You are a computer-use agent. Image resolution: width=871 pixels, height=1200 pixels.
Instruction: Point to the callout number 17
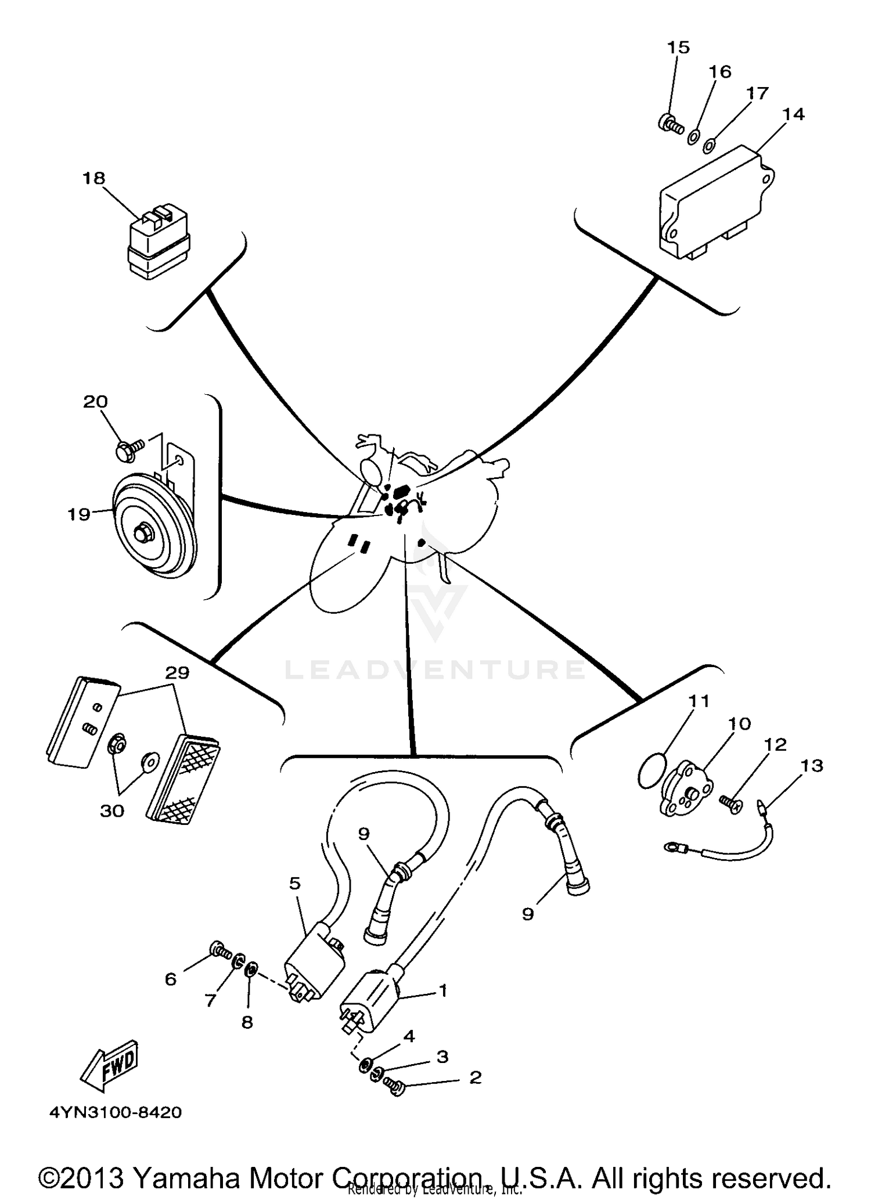[x=758, y=93]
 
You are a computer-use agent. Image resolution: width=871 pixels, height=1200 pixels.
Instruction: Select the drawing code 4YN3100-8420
[x=116, y=1112]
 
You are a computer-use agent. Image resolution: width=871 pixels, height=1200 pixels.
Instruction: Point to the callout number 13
[x=812, y=766]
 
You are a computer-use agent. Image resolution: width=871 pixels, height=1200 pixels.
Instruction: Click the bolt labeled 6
[x=218, y=949]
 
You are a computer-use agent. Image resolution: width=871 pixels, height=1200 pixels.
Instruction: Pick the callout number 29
[x=177, y=673]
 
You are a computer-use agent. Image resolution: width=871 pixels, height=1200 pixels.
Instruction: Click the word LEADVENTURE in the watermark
[x=434, y=669]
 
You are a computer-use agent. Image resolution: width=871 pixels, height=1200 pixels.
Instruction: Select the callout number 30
[x=112, y=811]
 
